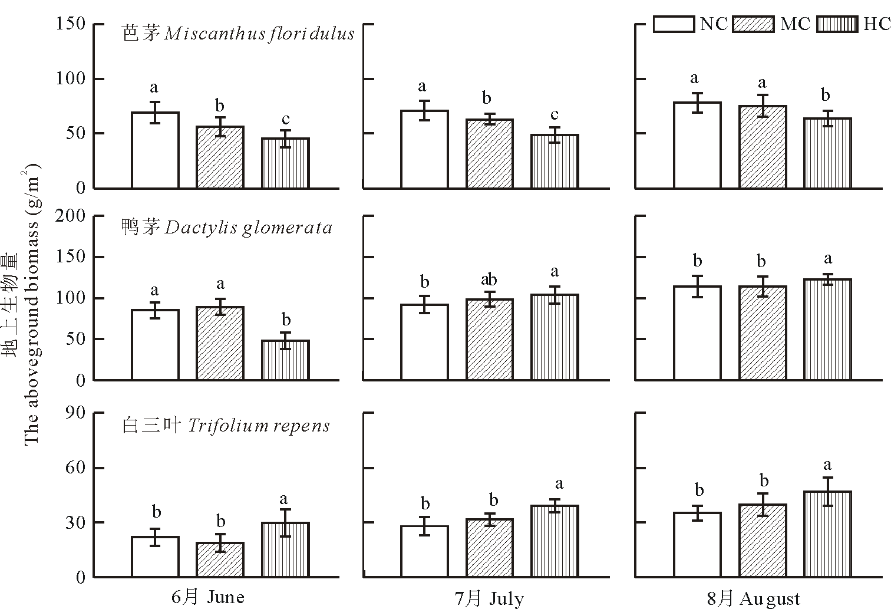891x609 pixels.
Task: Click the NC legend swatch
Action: click(674, 24)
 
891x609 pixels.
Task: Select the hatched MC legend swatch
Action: click(753, 24)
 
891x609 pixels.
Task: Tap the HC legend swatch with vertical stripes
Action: click(837, 24)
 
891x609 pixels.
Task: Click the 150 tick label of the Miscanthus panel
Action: click(71, 24)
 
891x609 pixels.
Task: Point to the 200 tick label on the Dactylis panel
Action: click(71, 216)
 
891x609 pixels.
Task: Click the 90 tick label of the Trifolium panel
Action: click(77, 413)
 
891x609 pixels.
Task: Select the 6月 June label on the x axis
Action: click(208, 597)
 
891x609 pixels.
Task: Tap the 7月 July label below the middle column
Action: click(489, 599)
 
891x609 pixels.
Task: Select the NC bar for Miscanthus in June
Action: click(155, 150)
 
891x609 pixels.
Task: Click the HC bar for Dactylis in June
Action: click(285, 360)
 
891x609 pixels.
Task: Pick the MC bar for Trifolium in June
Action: click(220, 559)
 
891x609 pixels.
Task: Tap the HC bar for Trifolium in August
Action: click(827, 534)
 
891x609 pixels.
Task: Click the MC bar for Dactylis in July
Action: click(489, 340)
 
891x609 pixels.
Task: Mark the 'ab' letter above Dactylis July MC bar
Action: click(489, 279)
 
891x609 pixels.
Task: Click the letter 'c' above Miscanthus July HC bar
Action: click(555, 114)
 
